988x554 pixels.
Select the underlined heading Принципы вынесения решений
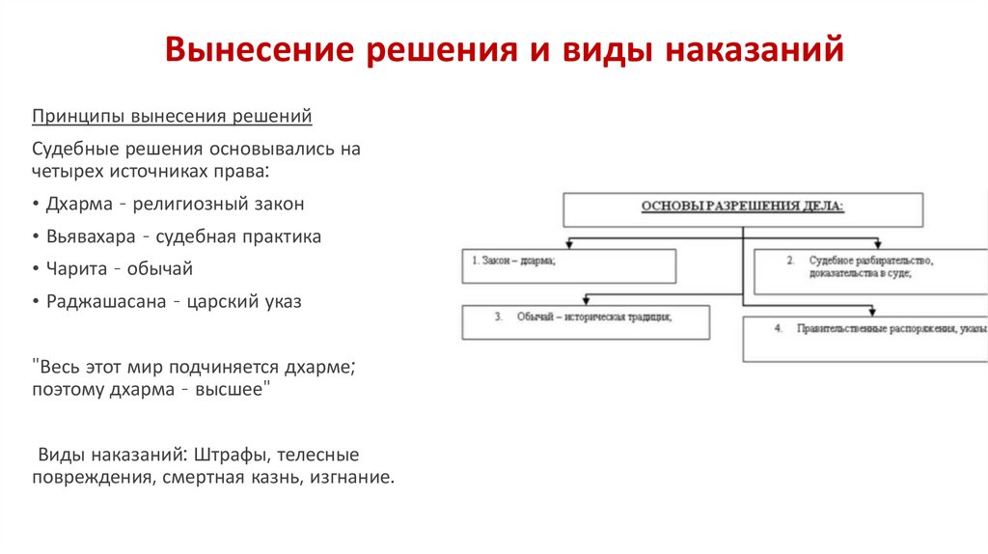[x=172, y=117]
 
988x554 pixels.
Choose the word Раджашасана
[x=103, y=301]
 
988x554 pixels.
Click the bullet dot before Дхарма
[x=36, y=205]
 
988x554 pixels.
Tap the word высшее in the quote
[x=227, y=389]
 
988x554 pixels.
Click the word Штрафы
[x=229, y=454]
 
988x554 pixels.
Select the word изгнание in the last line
[x=351, y=477]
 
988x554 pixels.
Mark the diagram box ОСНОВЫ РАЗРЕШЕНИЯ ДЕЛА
[x=743, y=208]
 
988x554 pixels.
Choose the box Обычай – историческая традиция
[x=586, y=321]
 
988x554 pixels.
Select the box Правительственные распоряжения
[x=864, y=339]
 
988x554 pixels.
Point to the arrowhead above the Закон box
[x=569, y=244]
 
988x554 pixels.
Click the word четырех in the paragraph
[x=65, y=171]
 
